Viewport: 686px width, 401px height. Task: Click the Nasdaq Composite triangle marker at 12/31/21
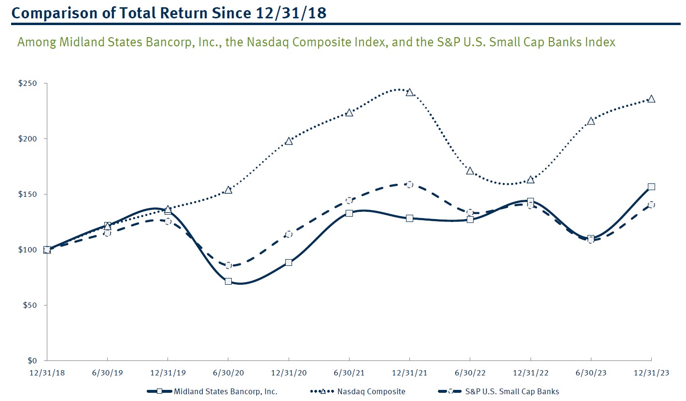coord(409,92)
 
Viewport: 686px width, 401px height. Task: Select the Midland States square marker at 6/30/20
coord(228,281)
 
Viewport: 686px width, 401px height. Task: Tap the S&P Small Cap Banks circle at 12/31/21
coord(409,185)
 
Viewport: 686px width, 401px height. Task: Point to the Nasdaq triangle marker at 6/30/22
coord(470,171)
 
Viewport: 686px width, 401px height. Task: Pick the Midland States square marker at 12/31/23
coord(651,187)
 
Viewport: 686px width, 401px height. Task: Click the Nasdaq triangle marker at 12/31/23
coord(651,99)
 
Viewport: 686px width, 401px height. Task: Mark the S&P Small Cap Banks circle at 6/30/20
coord(228,265)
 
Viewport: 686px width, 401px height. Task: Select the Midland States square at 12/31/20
coord(289,263)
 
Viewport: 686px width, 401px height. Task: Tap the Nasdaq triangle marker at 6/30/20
coord(228,190)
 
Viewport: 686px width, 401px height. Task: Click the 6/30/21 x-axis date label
coord(349,373)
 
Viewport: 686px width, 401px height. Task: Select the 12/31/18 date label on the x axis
coord(47,373)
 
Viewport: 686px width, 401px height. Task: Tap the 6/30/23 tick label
coord(591,373)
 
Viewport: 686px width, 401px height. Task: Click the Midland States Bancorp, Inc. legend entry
coord(225,391)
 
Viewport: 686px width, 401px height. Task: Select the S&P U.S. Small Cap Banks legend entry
coord(512,391)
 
